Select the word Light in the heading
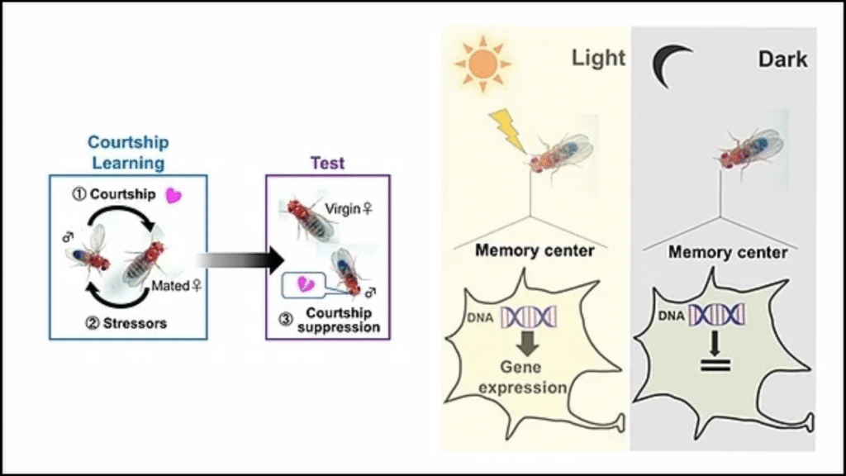point(598,58)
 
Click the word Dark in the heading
point(782,59)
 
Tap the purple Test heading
point(327,163)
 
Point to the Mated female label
point(177,286)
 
